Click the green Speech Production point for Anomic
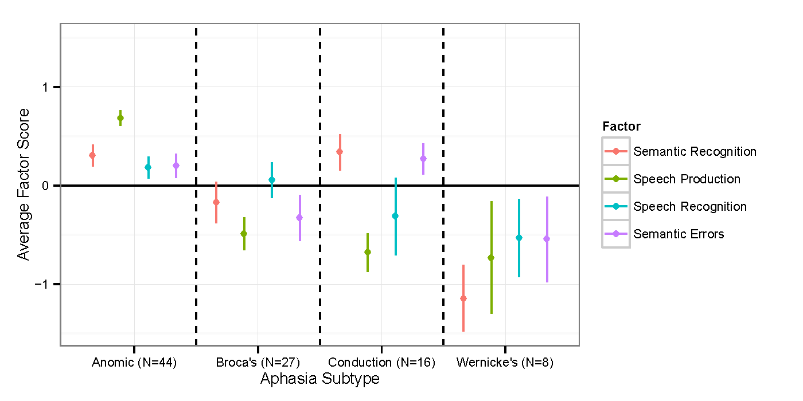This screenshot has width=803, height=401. [x=120, y=118]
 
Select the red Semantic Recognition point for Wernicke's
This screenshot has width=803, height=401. [x=463, y=298]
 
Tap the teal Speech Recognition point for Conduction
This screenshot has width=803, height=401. [x=395, y=216]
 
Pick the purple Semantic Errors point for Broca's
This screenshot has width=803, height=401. [x=299, y=218]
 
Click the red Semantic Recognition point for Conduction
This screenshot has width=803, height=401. [x=340, y=152]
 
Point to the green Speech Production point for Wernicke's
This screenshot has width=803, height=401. [x=491, y=258]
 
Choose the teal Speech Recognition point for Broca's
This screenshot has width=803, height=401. [x=272, y=180]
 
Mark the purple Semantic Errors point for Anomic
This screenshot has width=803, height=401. [x=176, y=166]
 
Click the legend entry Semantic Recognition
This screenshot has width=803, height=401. [x=695, y=152]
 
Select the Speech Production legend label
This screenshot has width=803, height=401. [x=687, y=179]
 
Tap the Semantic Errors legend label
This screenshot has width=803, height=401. [x=679, y=234]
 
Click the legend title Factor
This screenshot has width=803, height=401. [x=622, y=127]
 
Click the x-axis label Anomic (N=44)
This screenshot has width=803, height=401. [x=134, y=363]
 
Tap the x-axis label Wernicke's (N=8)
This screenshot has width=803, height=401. [x=505, y=363]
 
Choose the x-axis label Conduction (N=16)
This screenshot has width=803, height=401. [x=381, y=363]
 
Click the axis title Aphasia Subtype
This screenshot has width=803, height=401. [x=319, y=379]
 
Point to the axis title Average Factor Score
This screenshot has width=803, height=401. [x=23, y=185]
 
